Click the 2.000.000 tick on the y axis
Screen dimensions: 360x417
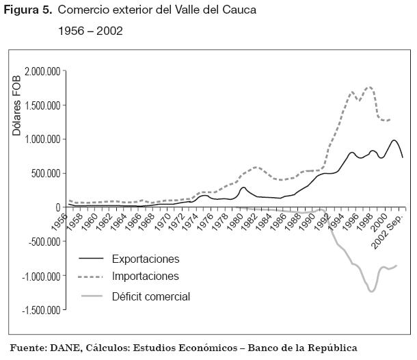click(42, 71)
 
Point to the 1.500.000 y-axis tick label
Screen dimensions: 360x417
click(42, 105)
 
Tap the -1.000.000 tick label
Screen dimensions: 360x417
click(41, 276)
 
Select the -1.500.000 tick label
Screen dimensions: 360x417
click(41, 310)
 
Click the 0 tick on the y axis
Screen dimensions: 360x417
click(58, 207)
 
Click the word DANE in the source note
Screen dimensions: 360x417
click(67, 348)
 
